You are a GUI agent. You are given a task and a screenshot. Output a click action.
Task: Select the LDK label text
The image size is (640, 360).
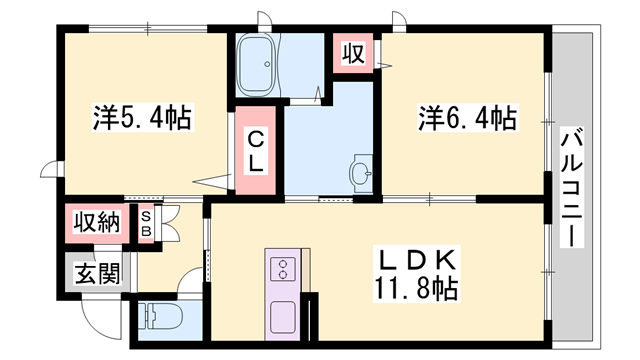419,260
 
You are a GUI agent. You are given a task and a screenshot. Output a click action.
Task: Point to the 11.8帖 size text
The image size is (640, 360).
419,290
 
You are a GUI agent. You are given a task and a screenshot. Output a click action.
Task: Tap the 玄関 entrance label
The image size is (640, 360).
99,272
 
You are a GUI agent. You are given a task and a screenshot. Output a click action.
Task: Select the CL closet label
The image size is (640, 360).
257,150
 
